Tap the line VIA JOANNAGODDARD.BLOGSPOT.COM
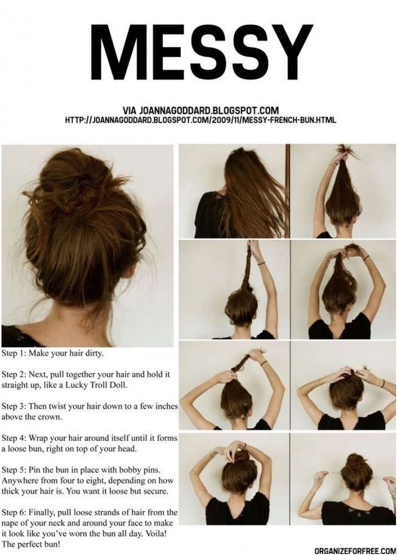201,110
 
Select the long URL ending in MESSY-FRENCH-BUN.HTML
201,120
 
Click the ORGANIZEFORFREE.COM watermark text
355,551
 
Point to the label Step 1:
13,353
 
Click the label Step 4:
13,438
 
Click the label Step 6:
13,512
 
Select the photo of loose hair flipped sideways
234,191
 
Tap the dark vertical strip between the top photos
288,191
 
